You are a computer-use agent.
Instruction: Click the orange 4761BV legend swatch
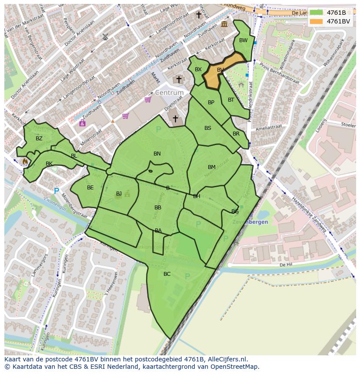pos(317,21)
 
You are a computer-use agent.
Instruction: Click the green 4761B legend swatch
pos(317,13)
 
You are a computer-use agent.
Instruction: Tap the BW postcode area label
pos(243,40)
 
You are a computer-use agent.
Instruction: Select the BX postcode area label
pos(198,70)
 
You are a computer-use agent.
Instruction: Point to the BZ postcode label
pos(39,139)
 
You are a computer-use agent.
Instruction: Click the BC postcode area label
pos(167,274)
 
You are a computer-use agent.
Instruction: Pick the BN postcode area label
pos(157,154)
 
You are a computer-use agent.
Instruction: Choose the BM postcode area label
pos(211,167)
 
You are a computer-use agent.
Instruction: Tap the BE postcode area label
pos(90,188)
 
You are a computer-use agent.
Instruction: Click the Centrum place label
pos(170,93)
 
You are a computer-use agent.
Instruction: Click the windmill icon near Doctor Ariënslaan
pos(105,37)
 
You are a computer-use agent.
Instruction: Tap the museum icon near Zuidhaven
pos(224,24)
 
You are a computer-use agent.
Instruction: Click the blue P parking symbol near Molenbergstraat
pos(56,191)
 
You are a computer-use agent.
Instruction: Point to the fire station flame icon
pos(25,161)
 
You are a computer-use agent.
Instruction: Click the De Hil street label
pos(285,264)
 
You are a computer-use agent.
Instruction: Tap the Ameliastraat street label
pos(269,127)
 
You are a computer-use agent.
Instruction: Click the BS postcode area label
pos(207,128)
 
